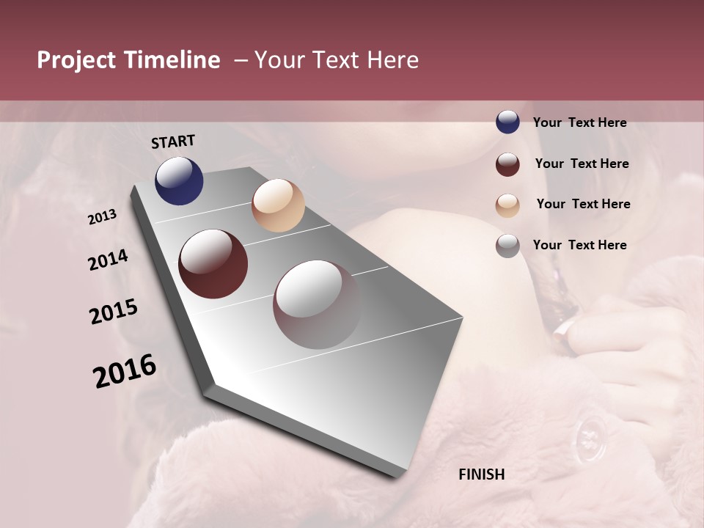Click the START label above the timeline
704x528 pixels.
coord(173,142)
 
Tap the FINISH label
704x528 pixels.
coord(482,474)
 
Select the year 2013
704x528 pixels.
coord(103,217)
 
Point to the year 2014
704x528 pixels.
coord(108,260)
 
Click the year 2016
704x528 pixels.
coord(125,371)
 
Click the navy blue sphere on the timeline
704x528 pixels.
coord(179,181)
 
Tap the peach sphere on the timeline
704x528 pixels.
coord(278,205)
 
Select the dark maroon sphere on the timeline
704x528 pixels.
coord(213,264)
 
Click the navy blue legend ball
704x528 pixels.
coord(507,122)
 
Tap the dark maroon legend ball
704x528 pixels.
coord(507,164)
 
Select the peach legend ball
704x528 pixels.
coord(507,205)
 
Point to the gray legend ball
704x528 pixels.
coord(507,246)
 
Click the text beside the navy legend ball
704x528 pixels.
coord(579,122)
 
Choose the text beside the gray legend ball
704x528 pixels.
coord(579,245)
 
